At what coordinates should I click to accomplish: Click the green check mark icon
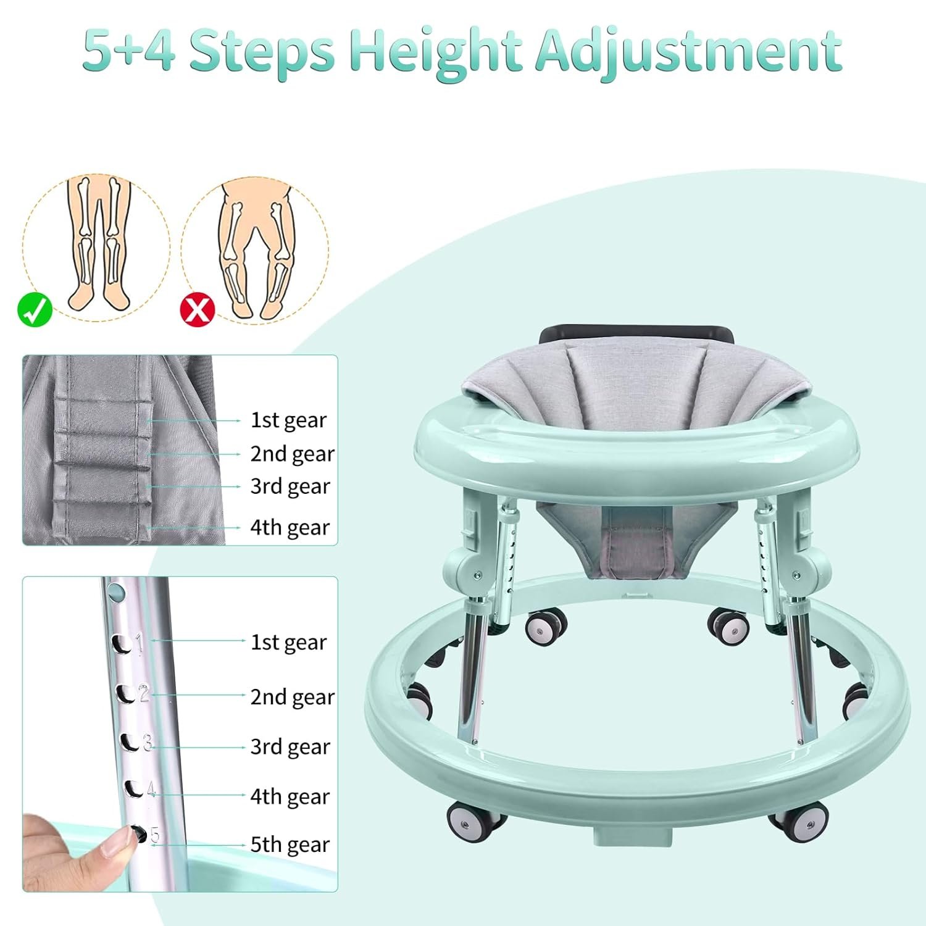click(x=35, y=310)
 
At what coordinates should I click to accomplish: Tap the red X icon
click(x=197, y=310)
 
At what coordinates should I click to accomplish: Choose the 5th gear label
click(x=290, y=845)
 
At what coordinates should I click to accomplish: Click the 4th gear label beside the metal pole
click(x=290, y=797)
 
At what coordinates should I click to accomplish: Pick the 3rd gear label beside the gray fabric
click(x=290, y=486)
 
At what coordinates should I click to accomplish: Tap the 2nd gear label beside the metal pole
click(x=292, y=697)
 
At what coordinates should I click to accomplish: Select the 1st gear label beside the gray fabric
click(x=288, y=420)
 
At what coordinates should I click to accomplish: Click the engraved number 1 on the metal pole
click(x=140, y=644)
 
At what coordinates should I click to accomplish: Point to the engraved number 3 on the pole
click(x=147, y=743)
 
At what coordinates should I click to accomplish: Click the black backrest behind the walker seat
click(x=637, y=336)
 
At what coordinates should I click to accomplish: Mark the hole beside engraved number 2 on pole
click(x=127, y=694)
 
